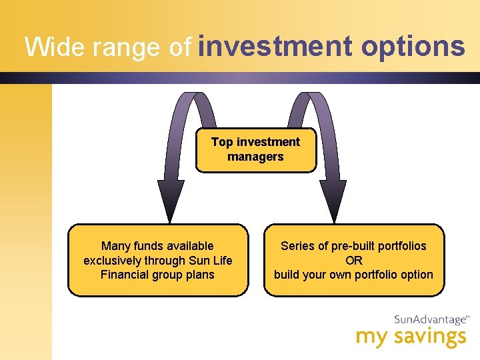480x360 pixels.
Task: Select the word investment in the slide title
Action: [275, 46]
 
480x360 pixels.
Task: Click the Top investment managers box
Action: [256, 150]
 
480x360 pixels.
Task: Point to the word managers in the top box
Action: [255, 157]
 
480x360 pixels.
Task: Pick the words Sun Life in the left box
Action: [211, 261]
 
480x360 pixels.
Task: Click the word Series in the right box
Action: [297, 246]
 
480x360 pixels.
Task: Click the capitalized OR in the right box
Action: [353, 261]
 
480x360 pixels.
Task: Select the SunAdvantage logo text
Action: [429, 319]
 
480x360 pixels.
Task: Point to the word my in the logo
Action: [370, 337]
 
